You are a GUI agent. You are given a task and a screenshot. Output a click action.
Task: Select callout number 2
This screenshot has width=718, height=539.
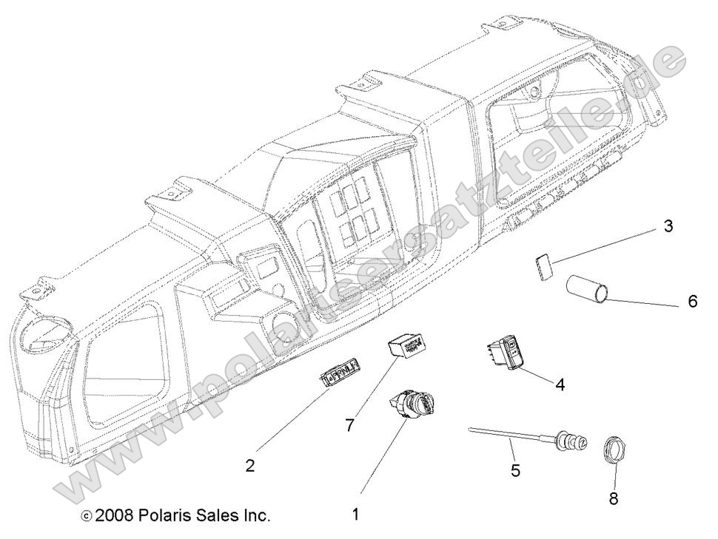point(250,466)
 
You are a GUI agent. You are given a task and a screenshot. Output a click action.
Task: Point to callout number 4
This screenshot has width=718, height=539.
point(560,384)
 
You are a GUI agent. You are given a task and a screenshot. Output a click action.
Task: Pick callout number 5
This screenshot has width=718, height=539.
point(515,469)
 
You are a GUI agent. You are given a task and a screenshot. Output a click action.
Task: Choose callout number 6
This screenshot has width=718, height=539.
point(692,302)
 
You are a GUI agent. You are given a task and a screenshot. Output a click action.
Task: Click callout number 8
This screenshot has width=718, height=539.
point(613,498)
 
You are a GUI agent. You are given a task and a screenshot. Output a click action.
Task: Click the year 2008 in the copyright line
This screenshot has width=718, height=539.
point(114,515)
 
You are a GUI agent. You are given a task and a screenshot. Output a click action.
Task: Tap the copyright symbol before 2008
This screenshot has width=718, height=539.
point(87,516)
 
